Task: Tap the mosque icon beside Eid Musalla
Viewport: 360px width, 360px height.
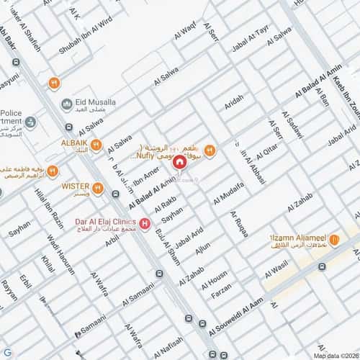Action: click(67, 104)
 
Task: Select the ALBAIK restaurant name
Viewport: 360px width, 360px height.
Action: click(75, 143)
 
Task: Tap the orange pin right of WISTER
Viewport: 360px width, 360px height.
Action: click(97, 188)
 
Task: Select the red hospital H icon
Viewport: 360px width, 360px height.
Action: click(146, 225)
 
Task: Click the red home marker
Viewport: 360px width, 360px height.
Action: click(179, 163)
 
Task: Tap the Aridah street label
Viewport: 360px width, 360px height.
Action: click(234, 103)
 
